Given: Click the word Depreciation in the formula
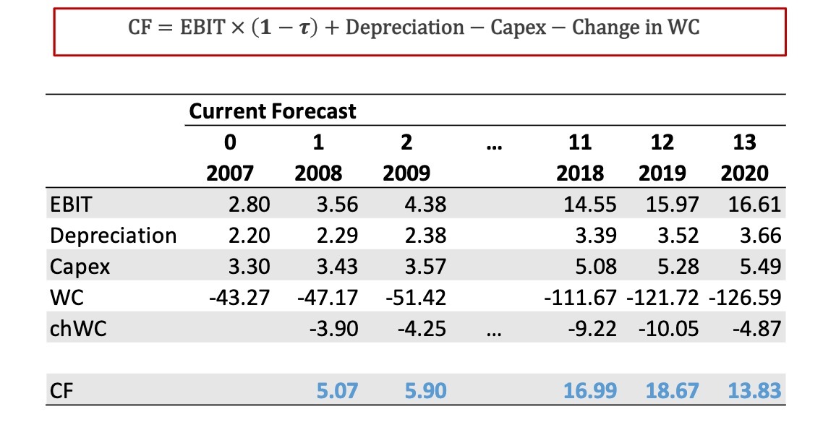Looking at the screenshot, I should tap(405, 28).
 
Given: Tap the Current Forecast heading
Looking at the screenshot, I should tap(273, 111).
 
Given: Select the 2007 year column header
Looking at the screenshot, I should tap(230, 173).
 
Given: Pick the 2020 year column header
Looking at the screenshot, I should tap(744, 173).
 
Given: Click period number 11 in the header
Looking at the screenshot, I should tap(580, 142).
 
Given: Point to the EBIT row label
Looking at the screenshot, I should tap(71, 205).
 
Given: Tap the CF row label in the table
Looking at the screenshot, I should tap(61, 391).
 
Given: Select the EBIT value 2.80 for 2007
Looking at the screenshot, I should tap(249, 205).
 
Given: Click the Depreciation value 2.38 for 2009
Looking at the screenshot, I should tap(425, 236).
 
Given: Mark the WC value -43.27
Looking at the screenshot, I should tap(239, 298).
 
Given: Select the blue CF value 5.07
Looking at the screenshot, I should tap(337, 391).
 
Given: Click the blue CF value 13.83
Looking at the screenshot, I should tap(754, 391).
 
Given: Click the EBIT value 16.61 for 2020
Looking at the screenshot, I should tap(754, 205).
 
